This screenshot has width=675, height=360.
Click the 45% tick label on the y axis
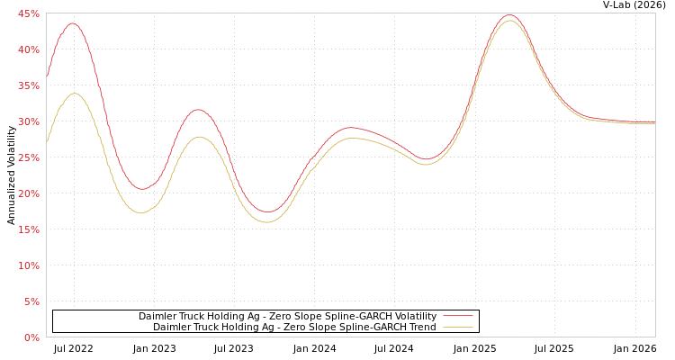[x=28, y=13]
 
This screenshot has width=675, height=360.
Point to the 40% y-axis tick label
[x=28, y=49]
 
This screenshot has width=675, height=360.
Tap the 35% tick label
[x=28, y=85]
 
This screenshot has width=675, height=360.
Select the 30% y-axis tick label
[x=28, y=121]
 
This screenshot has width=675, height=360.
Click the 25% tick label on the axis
[x=28, y=157]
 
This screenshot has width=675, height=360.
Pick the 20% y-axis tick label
[x=28, y=193]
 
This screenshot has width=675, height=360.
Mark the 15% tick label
[x=28, y=229]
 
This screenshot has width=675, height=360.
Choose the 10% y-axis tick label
[x=28, y=265]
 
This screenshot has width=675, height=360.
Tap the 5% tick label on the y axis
[x=31, y=301]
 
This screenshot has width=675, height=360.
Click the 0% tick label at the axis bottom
[x=31, y=337]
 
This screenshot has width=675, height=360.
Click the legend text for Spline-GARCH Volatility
[x=287, y=316]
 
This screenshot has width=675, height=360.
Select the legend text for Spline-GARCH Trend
[x=294, y=327]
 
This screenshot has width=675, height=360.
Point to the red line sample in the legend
[x=457, y=316]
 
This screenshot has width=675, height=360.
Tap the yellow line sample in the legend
[x=457, y=327]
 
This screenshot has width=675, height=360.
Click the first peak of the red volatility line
[x=73, y=23]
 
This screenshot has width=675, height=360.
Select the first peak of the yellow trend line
[x=75, y=94]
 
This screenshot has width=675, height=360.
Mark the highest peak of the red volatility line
[x=509, y=15]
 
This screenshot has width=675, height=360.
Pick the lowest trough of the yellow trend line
[x=266, y=221]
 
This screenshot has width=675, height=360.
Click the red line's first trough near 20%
[x=141, y=189]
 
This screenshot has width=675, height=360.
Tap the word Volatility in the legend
[x=410, y=316]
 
